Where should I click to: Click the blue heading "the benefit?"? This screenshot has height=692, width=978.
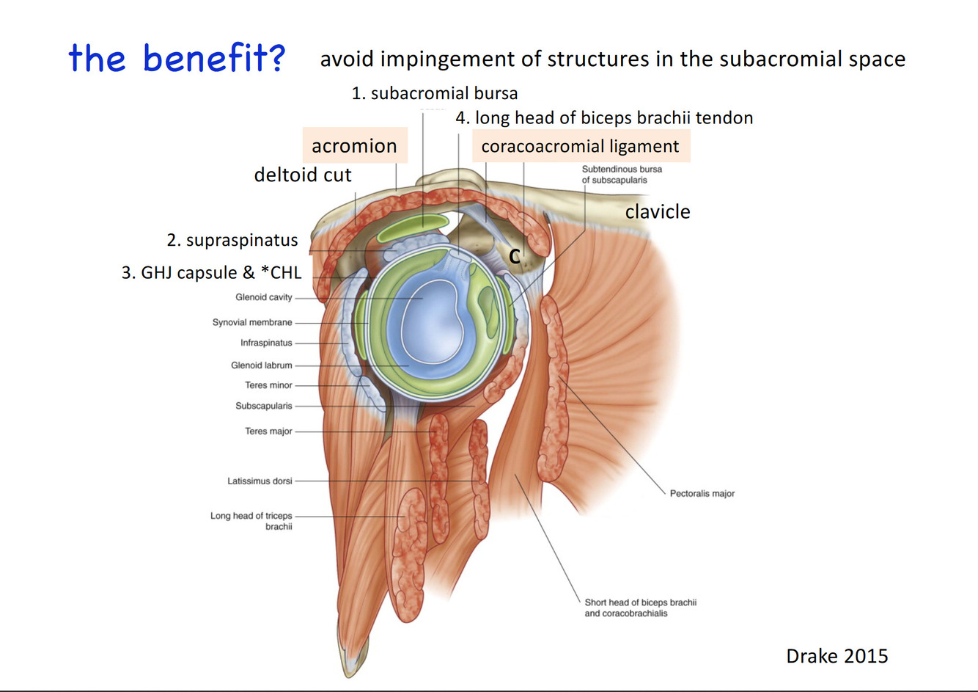(x=177, y=58)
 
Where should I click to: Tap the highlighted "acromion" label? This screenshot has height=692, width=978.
(x=354, y=146)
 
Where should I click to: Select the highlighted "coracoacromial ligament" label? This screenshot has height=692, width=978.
(x=580, y=146)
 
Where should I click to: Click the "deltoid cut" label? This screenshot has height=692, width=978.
(x=302, y=175)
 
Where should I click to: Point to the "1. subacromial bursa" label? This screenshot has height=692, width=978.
(x=434, y=93)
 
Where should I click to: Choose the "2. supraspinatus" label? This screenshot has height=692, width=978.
(x=232, y=240)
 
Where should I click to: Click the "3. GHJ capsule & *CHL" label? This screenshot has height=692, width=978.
(x=211, y=272)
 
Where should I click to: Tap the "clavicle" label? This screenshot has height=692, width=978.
(x=658, y=211)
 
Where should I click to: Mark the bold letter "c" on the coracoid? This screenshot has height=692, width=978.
(x=515, y=255)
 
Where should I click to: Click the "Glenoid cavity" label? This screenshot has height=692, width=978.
(x=263, y=297)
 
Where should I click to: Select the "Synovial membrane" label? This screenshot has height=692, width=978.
(x=252, y=322)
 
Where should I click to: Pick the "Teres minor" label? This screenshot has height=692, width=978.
(x=268, y=385)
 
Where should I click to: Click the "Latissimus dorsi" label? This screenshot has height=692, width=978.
(x=260, y=481)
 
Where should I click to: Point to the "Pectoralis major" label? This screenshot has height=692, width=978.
(x=702, y=493)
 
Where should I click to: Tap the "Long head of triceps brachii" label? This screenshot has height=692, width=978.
(x=251, y=521)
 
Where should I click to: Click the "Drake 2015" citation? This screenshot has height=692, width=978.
(x=837, y=655)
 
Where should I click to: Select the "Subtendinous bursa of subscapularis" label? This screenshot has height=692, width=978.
(x=621, y=174)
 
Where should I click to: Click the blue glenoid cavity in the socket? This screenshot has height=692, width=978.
(x=425, y=323)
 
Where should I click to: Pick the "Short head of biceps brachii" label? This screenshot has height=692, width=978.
(x=640, y=602)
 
